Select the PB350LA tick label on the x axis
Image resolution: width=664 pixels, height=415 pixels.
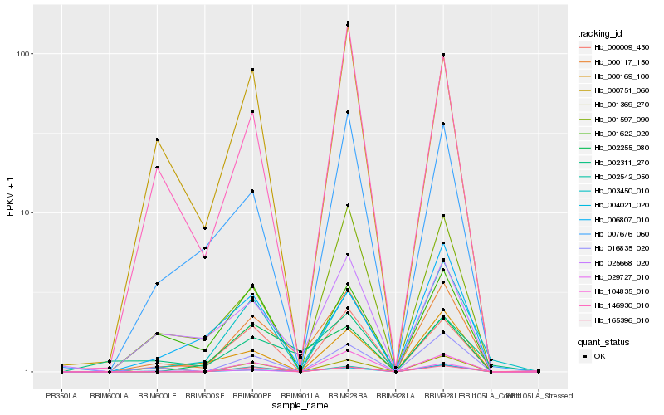point(61,396)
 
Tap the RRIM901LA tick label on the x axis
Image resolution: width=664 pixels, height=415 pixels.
point(300,396)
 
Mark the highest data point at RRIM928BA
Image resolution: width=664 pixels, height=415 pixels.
point(348,22)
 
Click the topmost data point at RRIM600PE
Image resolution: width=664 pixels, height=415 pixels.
point(252,70)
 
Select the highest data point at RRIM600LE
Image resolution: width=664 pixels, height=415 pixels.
point(157,139)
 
